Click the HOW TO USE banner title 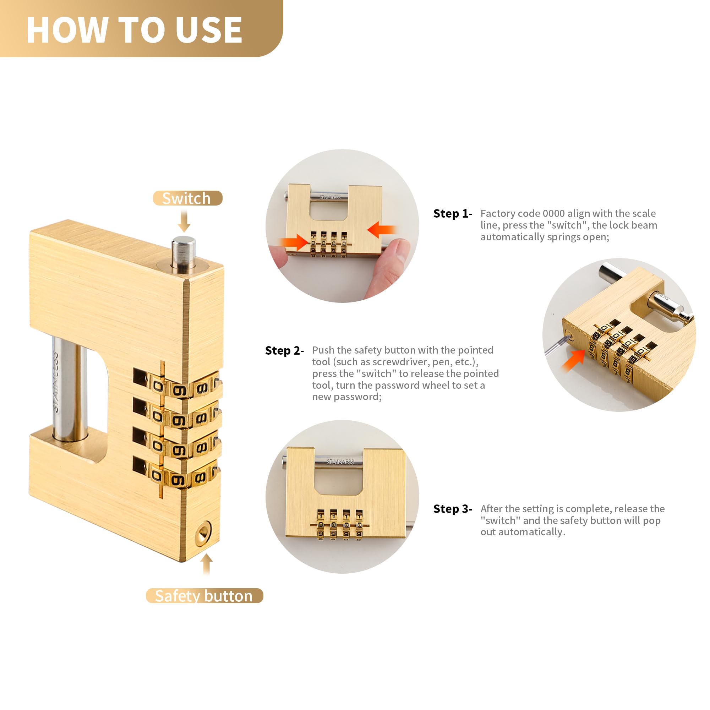tap(134, 30)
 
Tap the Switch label tap(186, 198)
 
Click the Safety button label tap(204, 596)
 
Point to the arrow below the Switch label tap(184, 221)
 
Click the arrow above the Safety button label tap(207, 564)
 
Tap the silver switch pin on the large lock tap(184, 254)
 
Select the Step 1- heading tap(453, 213)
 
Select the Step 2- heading tap(284, 351)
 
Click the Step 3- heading tap(453, 509)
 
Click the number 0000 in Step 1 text tap(553, 213)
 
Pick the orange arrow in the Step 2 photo tap(574, 360)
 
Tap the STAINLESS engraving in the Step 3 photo tap(340, 461)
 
